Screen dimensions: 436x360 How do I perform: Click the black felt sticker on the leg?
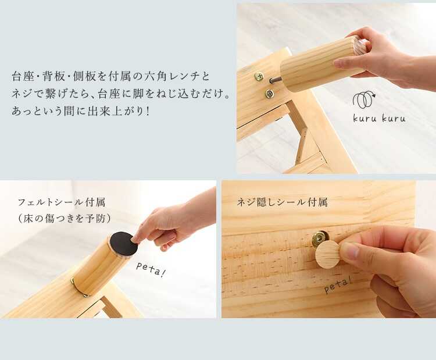(x=124, y=244)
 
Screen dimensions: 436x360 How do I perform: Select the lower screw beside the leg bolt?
(x=269, y=94)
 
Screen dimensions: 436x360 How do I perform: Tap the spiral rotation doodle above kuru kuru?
(x=364, y=99)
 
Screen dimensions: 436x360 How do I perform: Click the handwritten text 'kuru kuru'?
(x=379, y=118)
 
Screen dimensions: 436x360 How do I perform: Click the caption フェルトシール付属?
(x=62, y=202)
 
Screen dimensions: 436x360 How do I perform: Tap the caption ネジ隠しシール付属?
(x=282, y=202)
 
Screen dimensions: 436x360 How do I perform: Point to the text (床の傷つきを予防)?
(x=65, y=219)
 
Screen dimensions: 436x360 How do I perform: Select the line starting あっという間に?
(x=81, y=111)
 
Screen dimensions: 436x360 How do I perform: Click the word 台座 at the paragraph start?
(x=23, y=77)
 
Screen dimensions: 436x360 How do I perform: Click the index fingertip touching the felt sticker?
(x=136, y=238)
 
